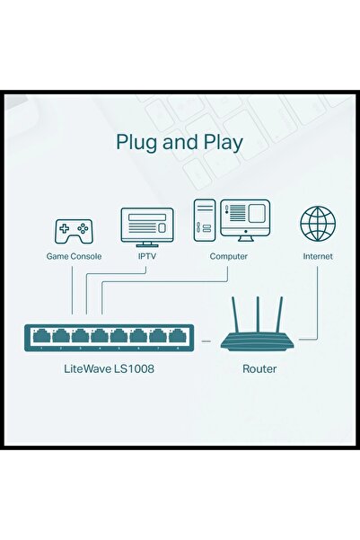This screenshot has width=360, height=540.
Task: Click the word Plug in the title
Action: tap(137, 143)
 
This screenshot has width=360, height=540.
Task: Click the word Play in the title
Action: tap(219, 143)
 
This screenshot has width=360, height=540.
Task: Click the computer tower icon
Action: tap(204, 220)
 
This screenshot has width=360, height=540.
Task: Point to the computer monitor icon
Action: tap(245, 220)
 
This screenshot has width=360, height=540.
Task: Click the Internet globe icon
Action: tap(317, 225)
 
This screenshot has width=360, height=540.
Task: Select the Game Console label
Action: tap(74, 256)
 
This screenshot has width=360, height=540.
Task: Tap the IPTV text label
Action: tap(146, 256)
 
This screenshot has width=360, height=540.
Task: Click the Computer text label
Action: tap(228, 256)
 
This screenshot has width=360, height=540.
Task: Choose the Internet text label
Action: tap(317, 256)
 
